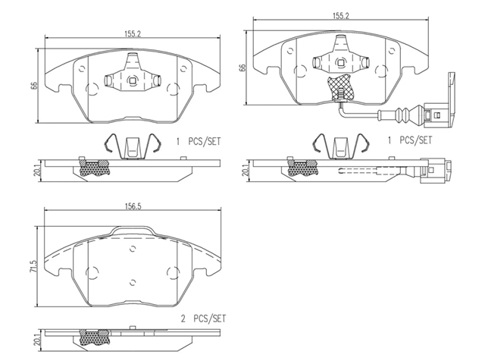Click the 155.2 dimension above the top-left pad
point(133,33)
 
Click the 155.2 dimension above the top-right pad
point(340,16)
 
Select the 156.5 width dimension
point(133,206)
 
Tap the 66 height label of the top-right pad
point(242,67)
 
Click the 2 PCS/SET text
point(203,318)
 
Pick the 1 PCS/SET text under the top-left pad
point(199,142)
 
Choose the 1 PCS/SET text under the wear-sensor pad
point(409,140)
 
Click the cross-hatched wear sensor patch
point(340,87)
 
